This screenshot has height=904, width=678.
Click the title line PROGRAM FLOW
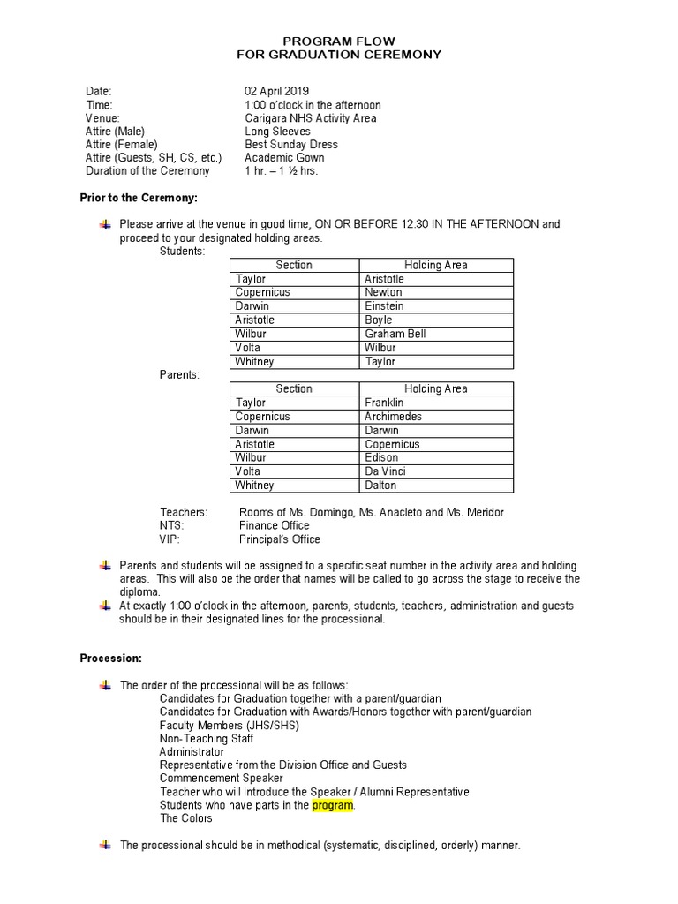pyautogui.click(x=339, y=41)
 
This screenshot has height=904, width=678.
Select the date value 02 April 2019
pyautogui.click(x=276, y=91)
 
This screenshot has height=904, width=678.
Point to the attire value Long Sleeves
pyautogui.click(x=277, y=131)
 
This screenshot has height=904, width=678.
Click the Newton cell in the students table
pyautogui.click(x=383, y=292)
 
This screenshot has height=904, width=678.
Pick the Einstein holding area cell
pyautogui.click(x=384, y=306)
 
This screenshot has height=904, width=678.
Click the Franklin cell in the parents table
pyautogui.click(x=384, y=403)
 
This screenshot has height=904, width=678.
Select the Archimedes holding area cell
pyautogui.click(x=393, y=417)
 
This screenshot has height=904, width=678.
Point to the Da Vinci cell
pyautogui.click(x=385, y=471)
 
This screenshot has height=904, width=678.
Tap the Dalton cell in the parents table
pyautogui.click(x=380, y=485)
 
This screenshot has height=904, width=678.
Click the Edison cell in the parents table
pyautogui.click(x=381, y=457)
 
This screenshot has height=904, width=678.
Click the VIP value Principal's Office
pyautogui.click(x=279, y=539)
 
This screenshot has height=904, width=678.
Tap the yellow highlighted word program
pyautogui.click(x=333, y=805)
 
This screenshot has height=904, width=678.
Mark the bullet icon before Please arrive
pyautogui.click(x=106, y=224)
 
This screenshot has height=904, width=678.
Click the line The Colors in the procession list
pyautogui.click(x=185, y=818)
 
